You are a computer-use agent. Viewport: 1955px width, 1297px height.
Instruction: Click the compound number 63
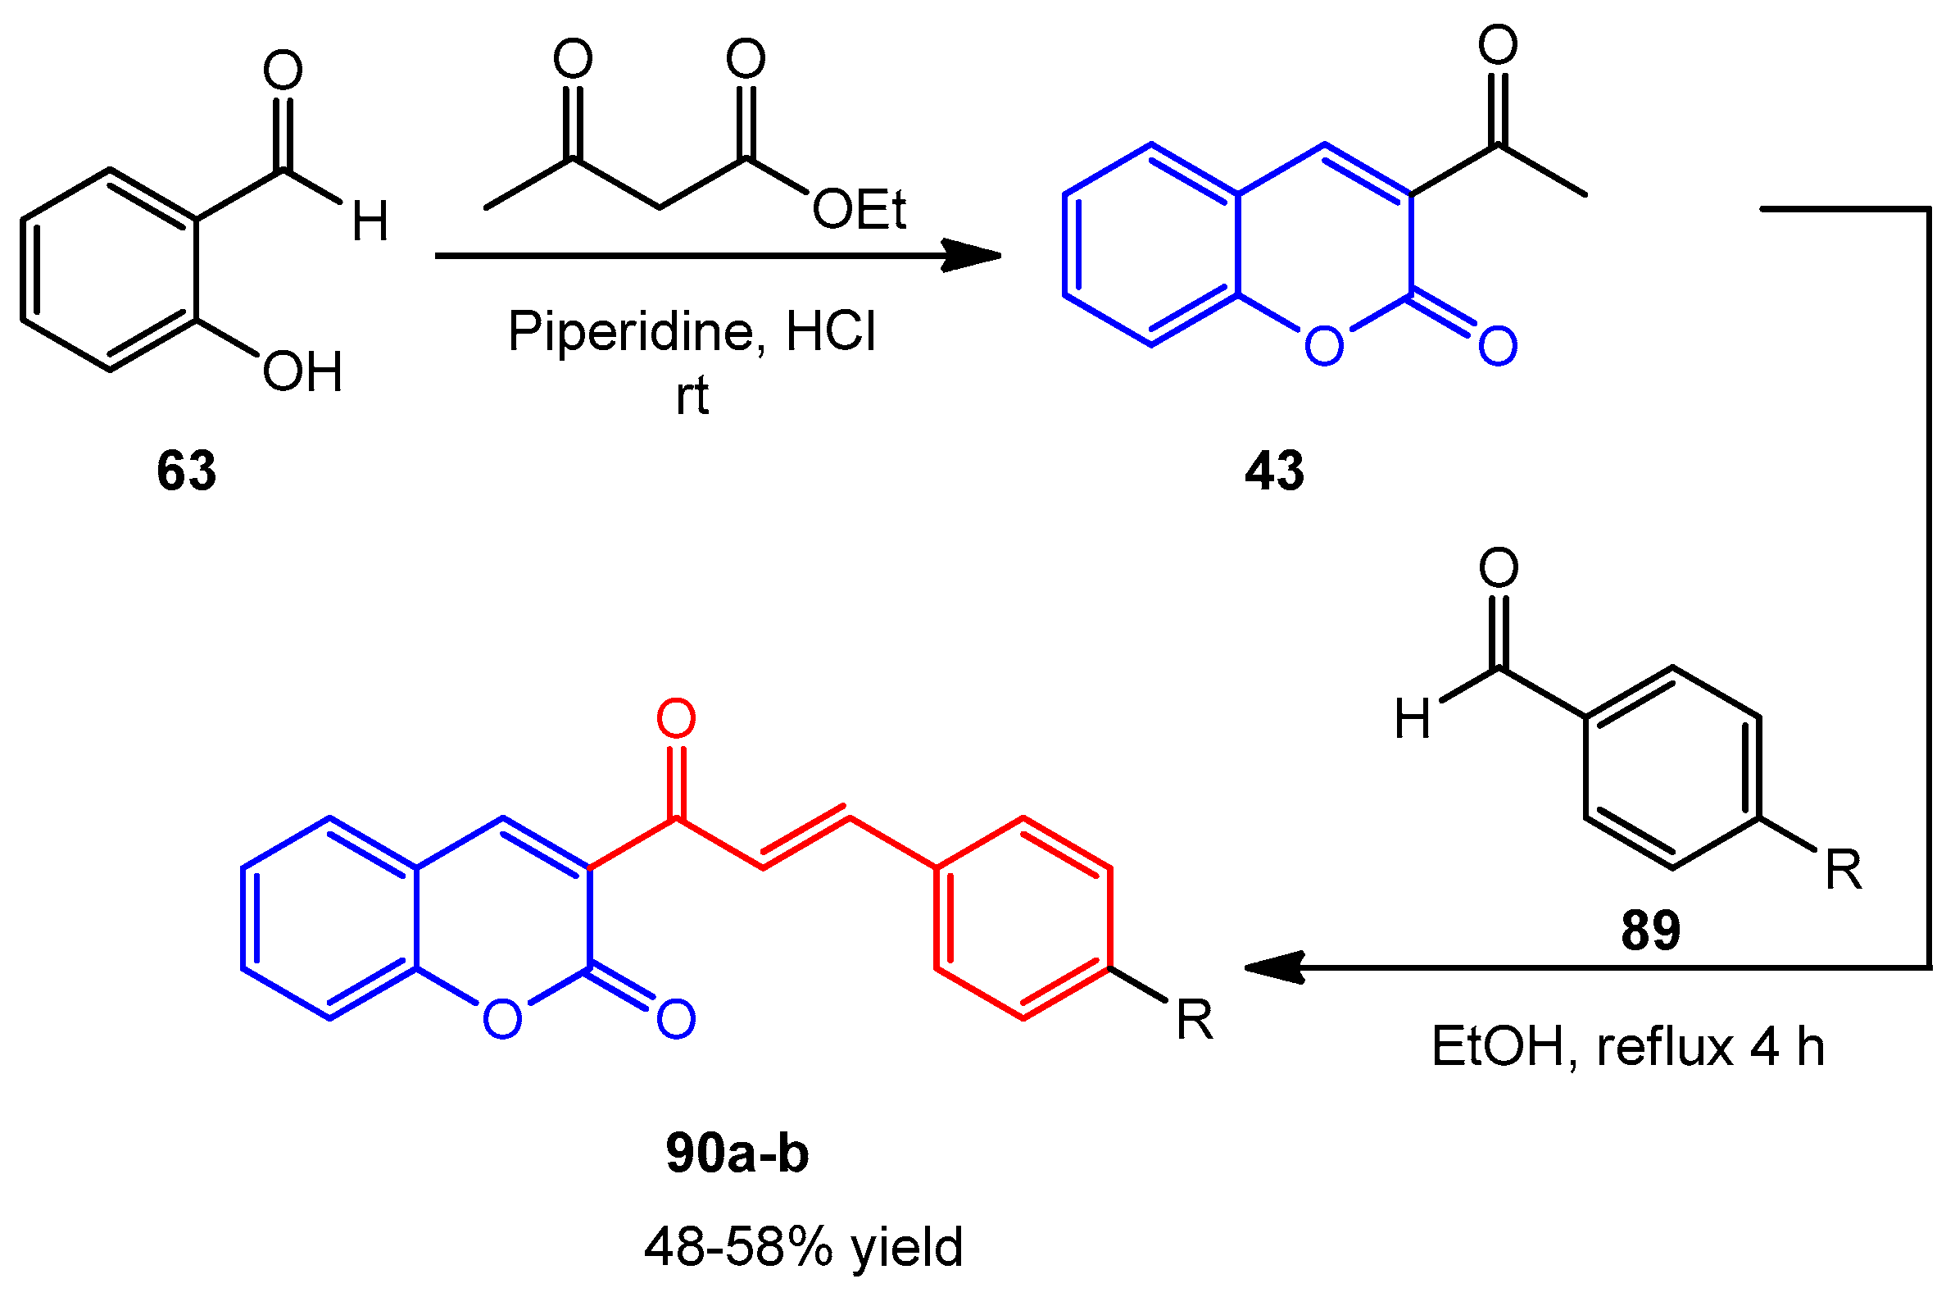(186, 471)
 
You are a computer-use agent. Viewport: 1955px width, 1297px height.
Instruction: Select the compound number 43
(1274, 471)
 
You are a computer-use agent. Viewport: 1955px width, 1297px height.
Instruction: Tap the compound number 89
(1650, 931)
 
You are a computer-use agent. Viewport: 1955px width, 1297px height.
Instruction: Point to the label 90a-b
(737, 1153)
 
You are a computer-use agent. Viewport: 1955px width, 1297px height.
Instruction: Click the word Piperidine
(630, 333)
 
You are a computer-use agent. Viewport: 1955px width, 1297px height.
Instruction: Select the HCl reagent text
(830, 333)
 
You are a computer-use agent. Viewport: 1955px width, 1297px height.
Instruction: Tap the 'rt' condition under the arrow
(692, 396)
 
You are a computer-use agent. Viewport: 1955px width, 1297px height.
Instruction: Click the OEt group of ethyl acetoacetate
(859, 209)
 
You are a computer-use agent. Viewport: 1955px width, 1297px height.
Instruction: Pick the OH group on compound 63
(302, 372)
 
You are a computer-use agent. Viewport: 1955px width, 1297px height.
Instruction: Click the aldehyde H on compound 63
(370, 221)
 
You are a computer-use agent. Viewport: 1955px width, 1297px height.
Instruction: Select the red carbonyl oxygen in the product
(675, 718)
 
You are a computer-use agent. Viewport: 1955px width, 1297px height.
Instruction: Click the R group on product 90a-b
(1194, 1021)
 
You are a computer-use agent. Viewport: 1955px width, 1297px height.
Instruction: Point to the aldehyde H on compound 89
(1412, 718)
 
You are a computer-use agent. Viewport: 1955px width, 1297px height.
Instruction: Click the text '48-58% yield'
(804, 1246)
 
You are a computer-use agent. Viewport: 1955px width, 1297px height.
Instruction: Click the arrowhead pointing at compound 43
(975, 256)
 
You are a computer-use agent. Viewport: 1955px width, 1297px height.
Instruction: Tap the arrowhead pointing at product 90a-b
(1273, 967)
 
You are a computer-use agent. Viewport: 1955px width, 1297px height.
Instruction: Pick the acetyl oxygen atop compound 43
(1498, 44)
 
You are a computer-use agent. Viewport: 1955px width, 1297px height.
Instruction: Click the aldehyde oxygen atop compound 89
(1498, 567)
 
